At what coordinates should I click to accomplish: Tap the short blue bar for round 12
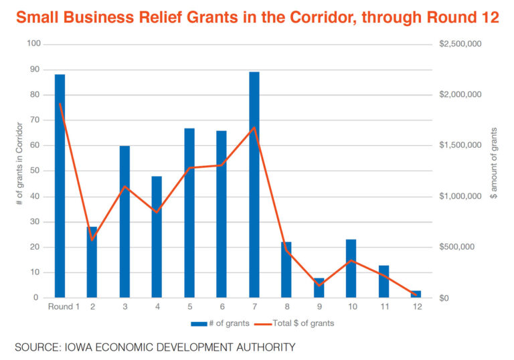pyautogui.click(x=416, y=294)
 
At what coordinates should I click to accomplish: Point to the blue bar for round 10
pyautogui.click(x=351, y=268)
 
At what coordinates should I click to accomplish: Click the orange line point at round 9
pyautogui.click(x=319, y=286)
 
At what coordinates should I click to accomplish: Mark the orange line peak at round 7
pyautogui.click(x=254, y=127)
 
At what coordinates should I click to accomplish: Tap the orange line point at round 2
pyautogui.click(x=92, y=240)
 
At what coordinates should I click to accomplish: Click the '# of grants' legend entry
pyautogui.click(x=220, y=323)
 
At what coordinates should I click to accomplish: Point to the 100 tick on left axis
pyautogui.click(x=33, y=44)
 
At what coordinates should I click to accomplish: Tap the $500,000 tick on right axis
pyautogui.click(x=457, y=247)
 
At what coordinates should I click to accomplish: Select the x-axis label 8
pyautogui.click(x=286, y=307)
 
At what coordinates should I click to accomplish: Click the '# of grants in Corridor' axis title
pyautogui.click(x=19, y=170)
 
